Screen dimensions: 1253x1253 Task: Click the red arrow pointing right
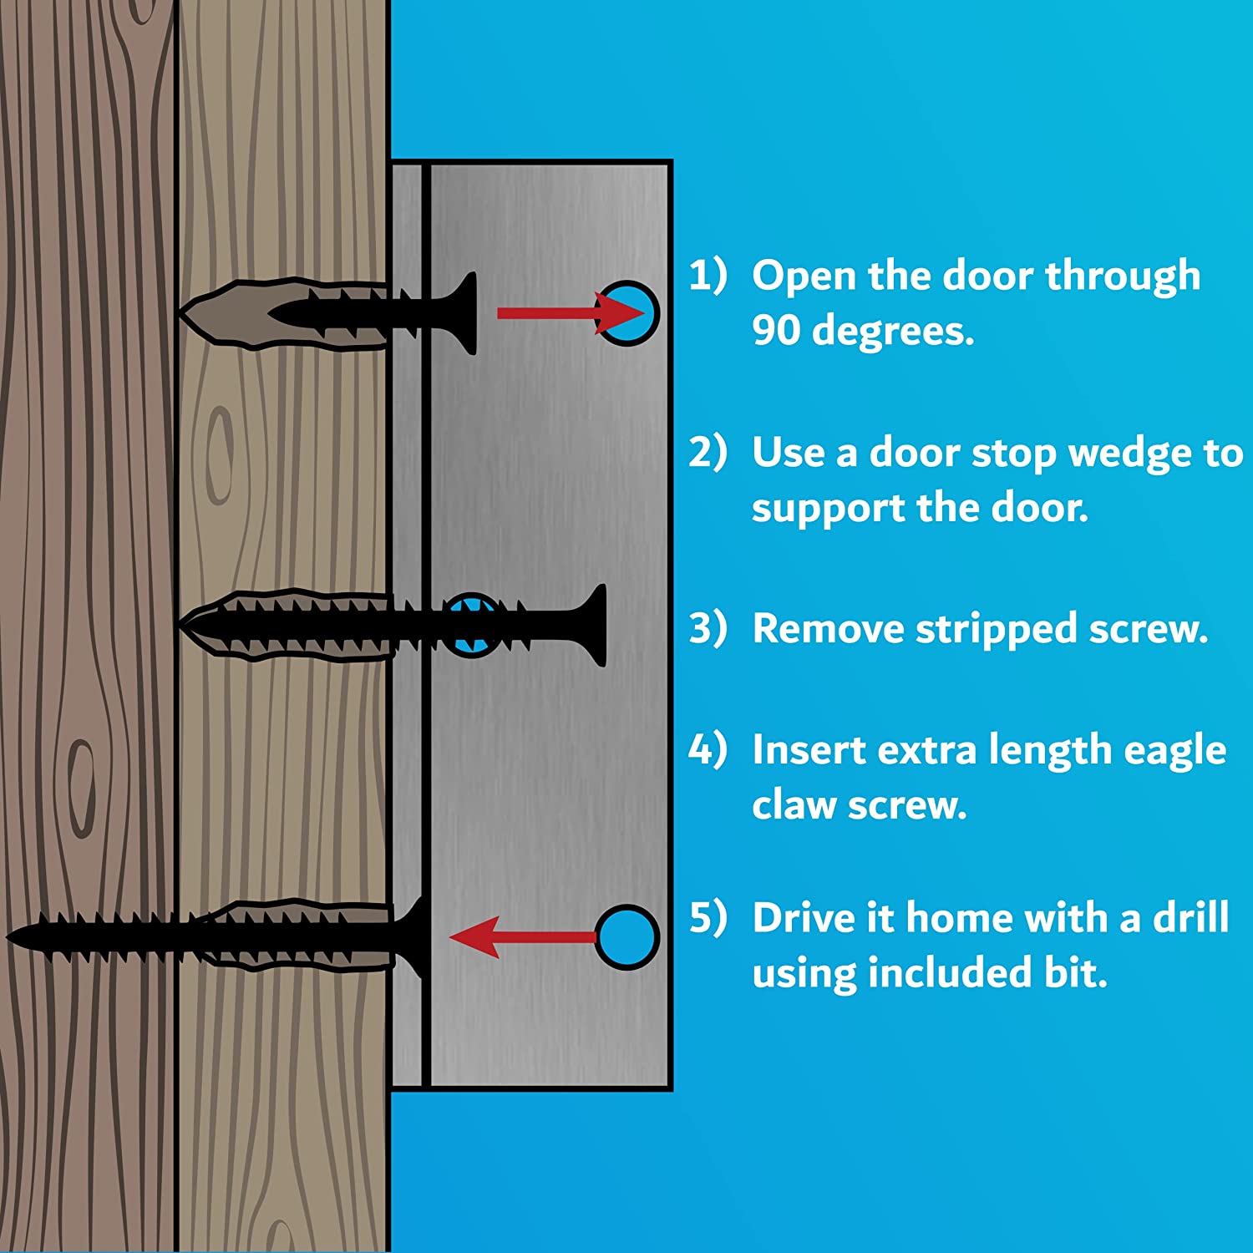[x=571, y=313]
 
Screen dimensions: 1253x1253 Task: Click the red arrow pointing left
[x=524, y=936]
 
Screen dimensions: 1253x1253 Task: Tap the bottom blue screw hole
[x=628, y=936]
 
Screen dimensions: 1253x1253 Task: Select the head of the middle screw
[x=594, y=626]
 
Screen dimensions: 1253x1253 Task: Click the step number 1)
[x=708, y=275]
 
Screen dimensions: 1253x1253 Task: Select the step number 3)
[x=708, y=628]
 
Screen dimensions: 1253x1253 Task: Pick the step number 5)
[x=708, y=917]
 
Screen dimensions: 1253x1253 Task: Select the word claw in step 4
[x=794, y=805]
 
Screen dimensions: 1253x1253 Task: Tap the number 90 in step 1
[x=776, y=330]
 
